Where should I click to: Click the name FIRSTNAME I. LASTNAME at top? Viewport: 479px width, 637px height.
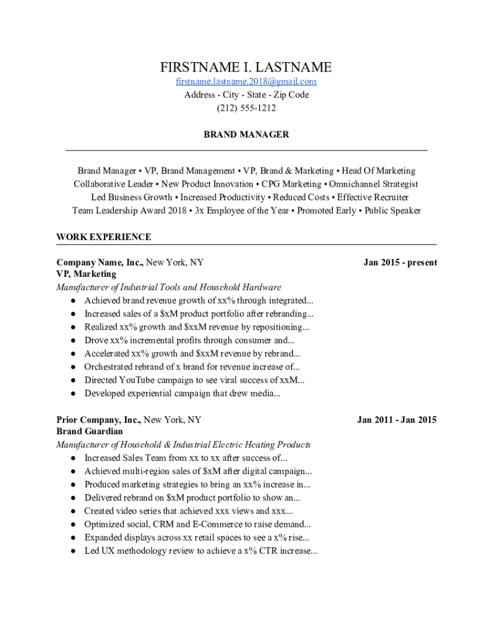tap(246, 67)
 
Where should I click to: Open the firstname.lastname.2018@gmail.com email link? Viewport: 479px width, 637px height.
tap(246, 81)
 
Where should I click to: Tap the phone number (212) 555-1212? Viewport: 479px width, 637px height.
tap(246, 108)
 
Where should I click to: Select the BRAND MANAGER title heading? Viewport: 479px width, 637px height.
tap(246, 134)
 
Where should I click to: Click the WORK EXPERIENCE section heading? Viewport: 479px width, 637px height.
tap(103, 237)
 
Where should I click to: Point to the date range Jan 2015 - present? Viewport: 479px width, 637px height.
tap(400, 263)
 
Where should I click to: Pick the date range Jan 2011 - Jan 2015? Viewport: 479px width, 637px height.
tap(396, 420)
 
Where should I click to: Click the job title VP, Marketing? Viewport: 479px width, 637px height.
tap(86, 274)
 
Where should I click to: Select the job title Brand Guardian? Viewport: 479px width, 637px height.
tap(90, 432)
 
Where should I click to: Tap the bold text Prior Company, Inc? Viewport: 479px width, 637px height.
tap(99, 420)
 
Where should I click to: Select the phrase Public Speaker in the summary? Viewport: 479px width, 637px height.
tap(393, 210)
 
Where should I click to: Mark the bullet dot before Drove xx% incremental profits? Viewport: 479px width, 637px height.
tap(73, 341)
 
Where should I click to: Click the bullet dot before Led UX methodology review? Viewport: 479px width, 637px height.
tap(73, 551)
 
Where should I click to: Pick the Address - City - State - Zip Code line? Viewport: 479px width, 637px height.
tap(246, 95)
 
